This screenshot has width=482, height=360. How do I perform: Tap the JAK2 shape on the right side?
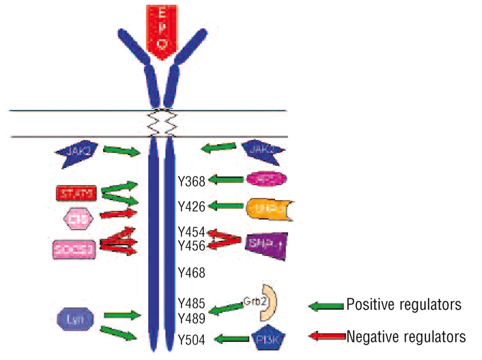point(263,151)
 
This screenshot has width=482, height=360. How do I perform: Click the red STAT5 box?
point(76,194)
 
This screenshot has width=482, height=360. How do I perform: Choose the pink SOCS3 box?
point(74,249)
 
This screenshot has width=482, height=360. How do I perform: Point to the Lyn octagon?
point(75,319)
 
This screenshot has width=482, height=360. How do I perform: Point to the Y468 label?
point(192,272)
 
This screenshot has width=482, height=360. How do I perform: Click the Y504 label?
point(192,340)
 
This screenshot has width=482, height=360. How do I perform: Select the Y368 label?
point(192,181)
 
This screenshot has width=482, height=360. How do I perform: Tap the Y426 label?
point(192,206)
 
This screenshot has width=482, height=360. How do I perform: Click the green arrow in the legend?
point(326,305)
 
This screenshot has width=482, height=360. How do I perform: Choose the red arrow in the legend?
point(326,336)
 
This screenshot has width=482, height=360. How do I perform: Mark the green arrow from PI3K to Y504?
point(232,339)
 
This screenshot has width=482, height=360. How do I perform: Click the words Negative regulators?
point(406,336)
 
